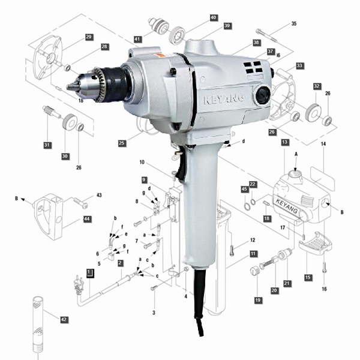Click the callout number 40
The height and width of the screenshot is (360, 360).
[x=213, y=17]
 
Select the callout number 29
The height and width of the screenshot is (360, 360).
[x=89, y=37]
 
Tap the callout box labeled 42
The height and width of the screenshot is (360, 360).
[x=64, y=319]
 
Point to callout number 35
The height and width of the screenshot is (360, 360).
[x=293, y=23]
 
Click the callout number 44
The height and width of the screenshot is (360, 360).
[x=87, y=219]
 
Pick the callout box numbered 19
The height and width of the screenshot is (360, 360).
[x=258, y=300]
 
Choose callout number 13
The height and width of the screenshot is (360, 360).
[x=284, y=142]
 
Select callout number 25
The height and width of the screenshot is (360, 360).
[x=122, y=143]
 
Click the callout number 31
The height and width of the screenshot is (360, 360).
[x=47, y=145]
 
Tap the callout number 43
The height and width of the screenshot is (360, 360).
[x=99, y=195]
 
